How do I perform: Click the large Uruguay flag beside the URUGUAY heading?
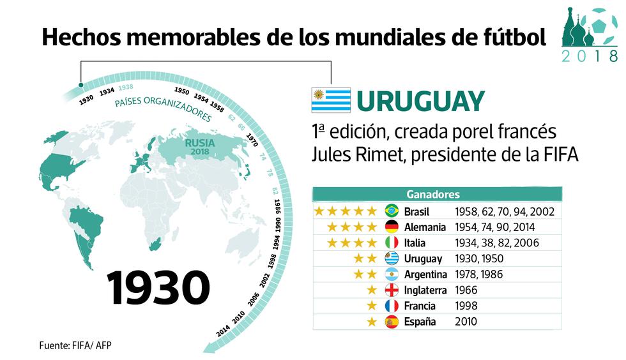tap(331, 101)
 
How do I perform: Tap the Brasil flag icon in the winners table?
tap(392, 211)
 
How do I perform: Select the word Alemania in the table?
tap(425, 227)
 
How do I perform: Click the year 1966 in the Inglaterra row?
tap(466, 290)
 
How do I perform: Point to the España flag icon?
tap(392, 322)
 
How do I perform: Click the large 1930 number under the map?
tap(158, 287)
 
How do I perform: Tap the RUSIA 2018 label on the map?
tap(200, 147)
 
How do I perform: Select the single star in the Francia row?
tap(372, 306)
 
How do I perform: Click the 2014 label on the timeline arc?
tap(224, 331)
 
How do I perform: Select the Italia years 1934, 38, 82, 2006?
tap(497, 243)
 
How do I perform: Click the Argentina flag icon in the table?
tap(392, 274)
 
